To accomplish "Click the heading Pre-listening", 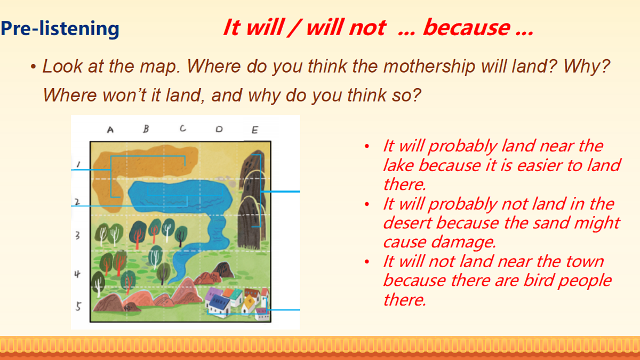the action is point(60,29).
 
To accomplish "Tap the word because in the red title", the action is point(466,28).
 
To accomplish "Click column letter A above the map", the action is point(110,130).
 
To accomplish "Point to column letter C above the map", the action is point(183,129).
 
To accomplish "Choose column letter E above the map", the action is point(255,130).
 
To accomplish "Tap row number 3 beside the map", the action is point(77,235).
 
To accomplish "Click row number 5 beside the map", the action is point(78,307).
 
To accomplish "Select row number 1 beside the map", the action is point(78,164).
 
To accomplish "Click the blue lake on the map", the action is point(180,197).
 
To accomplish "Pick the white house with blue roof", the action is point(219,305).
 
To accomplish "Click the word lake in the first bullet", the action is point(398,165).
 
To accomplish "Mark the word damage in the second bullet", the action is point(463,242).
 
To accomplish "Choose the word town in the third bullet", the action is point(585,261).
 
